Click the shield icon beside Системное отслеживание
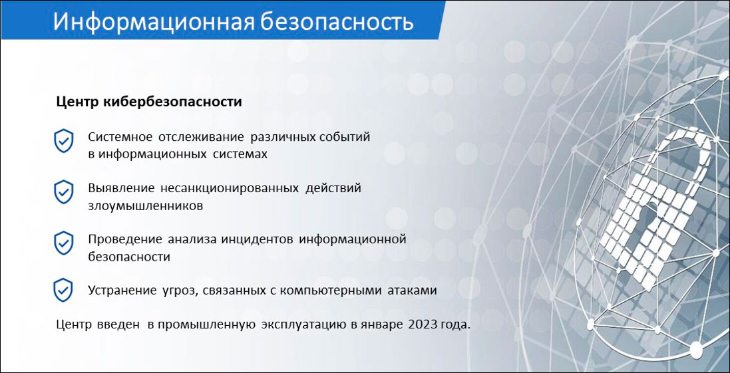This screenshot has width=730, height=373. (x=63, y=142)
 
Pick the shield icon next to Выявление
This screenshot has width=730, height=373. (x=63, y=191)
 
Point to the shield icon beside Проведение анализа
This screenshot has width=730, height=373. (x=63, y=243)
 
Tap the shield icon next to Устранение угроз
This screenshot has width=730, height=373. (x=63, y=290)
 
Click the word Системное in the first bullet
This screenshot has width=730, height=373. (x=120, y=138)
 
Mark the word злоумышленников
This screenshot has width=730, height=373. (x=146, y=205)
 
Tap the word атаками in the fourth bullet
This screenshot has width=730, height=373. (x=415, y=290)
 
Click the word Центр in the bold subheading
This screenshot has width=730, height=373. (x=77, y=102)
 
